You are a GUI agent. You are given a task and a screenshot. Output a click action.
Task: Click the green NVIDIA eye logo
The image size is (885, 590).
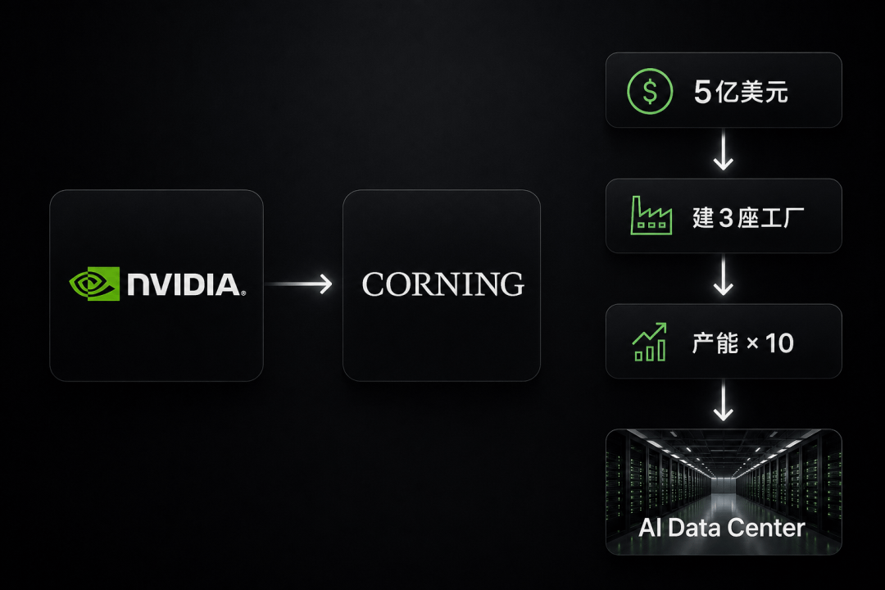coord(94,284)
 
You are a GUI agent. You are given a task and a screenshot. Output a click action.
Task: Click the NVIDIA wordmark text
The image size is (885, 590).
coord(186,284)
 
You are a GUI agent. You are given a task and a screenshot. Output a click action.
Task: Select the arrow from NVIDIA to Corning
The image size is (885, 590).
coord(298,284)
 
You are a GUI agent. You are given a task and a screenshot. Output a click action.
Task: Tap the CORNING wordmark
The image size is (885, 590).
coord(443,284)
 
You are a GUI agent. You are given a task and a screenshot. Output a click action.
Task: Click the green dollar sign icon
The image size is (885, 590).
coord(650,91)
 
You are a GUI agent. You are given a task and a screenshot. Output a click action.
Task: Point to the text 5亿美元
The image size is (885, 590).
coord(741,92)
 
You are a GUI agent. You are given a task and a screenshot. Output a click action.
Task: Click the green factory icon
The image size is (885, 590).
coord(651,216)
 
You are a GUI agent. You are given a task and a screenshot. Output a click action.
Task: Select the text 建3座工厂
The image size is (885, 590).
coord(748,217)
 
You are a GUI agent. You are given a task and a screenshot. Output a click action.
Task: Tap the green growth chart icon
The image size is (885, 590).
coord(650,342)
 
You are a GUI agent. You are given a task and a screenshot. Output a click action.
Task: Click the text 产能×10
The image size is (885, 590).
coord(742,343)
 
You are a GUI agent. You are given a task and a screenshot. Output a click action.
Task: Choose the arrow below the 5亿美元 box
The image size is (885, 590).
coord(723,150)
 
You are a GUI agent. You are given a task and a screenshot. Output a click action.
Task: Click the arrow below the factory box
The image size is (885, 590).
coord(723,275)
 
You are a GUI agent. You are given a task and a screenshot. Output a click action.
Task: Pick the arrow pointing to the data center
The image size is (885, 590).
coord(723,401)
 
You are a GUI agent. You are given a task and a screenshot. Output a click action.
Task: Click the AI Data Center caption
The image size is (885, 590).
coord(722,528)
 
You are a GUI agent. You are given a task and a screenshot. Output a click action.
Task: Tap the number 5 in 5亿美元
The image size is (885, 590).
coord(703,92)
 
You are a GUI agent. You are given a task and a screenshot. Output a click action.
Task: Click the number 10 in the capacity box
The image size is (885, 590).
coord(779,343)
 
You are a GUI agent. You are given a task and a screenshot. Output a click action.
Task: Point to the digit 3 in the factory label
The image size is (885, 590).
coord(726,218)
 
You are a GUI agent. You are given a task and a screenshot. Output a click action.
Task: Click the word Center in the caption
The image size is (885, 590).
coord(766,528)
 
